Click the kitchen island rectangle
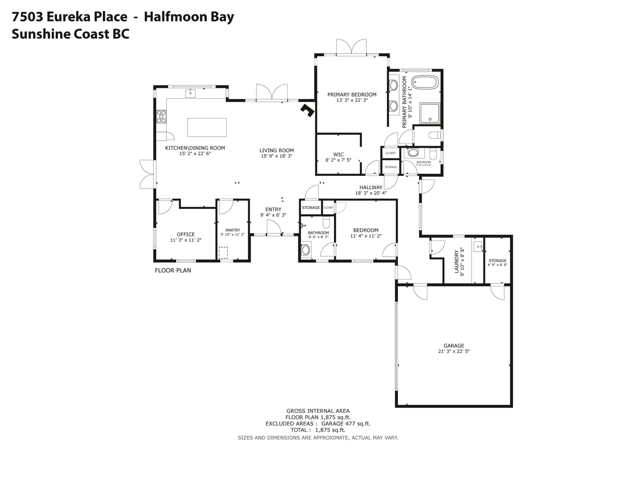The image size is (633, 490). point(207,127)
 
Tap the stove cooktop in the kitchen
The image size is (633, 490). point(161,116)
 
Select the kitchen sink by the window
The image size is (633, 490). point(190,93)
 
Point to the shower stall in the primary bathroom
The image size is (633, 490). point(429,113)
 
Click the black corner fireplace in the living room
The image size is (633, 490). point(308,110)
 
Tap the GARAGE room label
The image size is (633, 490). point(454,346)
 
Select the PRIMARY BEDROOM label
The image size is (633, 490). point(352,95)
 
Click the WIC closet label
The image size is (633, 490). point(338,154)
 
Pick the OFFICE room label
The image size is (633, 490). point(186,234)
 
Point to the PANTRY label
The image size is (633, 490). point(233,230)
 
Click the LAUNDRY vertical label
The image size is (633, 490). point(457,261)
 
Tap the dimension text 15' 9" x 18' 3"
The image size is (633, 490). point(277,156)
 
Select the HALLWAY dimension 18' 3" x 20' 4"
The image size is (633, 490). point(371,193)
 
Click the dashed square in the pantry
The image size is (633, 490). point(223,253)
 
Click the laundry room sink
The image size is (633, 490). point(478,246)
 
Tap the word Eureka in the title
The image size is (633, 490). point(87,17)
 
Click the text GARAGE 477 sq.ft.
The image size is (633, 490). point(346,423)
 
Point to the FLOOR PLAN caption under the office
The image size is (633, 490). point(173,271)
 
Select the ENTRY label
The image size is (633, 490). point(273,209)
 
